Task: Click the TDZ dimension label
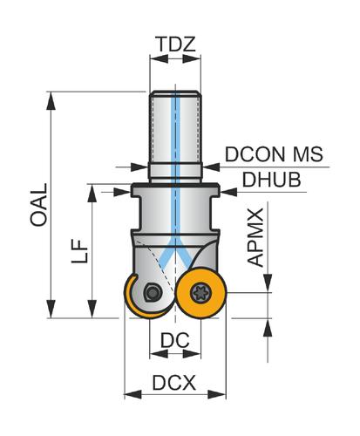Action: click(175, 44)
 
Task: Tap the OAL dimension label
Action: click(38, 205)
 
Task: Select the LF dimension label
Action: click(79, 251)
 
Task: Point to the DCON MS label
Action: click(274, 154)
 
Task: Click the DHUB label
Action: click(271, 180)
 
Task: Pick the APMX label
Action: click(255, 237)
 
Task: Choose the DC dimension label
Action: click(175, 340)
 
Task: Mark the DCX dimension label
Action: click(174, 383)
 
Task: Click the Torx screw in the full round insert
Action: click(200, 293)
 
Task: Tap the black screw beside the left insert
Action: click(152, 292)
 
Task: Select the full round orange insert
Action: click(200, 293)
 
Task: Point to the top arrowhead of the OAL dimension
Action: click(51, 100)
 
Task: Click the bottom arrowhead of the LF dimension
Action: click(92, 310)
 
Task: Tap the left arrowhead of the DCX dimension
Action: click(132, 395)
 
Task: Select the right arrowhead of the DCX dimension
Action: click(217, 395)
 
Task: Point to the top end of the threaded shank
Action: click(175, 92)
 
